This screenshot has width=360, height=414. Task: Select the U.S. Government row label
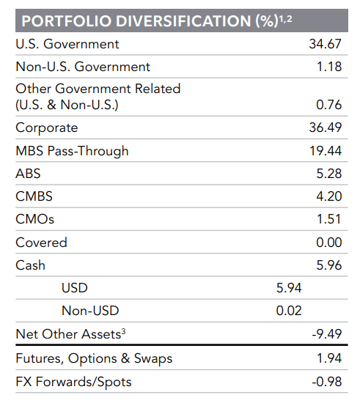67,44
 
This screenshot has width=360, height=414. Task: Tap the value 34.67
326,44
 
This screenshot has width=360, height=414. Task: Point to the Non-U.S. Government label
83,67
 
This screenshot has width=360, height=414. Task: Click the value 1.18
329,67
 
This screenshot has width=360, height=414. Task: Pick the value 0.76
328,105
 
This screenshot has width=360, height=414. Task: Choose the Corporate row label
46,127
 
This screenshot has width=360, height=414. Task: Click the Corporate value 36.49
326,127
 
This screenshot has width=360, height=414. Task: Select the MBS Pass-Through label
72,151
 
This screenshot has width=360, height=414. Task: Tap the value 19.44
326,151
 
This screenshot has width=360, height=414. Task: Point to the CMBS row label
34,196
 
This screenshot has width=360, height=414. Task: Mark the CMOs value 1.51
329,219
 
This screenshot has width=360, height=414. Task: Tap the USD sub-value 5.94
288,288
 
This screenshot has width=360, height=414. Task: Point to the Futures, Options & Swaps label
94,359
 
